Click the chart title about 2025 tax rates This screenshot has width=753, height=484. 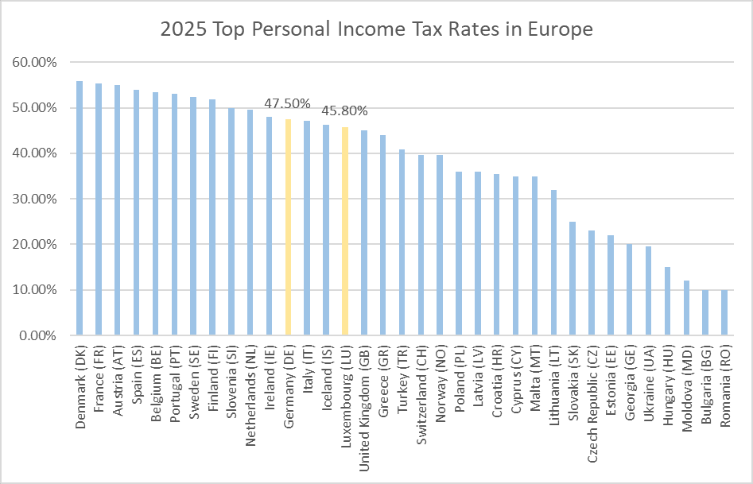(x=376, y=30)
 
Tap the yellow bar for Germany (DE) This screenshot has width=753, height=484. (x=288, y=227)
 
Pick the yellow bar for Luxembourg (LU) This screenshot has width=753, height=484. (x=345, y=231)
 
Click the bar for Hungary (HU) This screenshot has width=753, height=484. (x=668, y=301)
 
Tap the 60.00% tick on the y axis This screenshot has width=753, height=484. (x=35, y=62)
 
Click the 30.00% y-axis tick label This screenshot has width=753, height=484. (x=35, y=199)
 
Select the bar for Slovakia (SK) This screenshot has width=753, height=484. (x=573, y=278)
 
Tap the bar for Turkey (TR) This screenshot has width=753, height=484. (x=402, y=242)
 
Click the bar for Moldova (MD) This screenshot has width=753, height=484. (x=686, y=308)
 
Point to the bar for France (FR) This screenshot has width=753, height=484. (x=99, y=209)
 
